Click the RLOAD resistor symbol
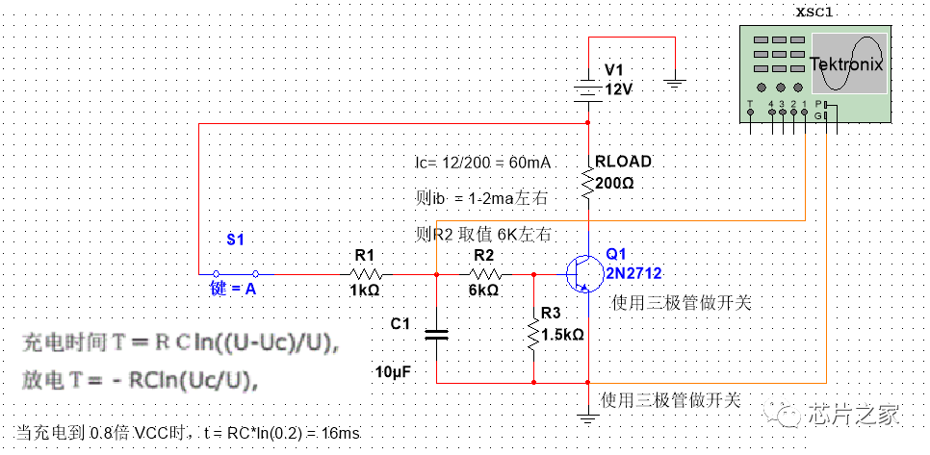point(588,180)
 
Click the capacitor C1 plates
point(437,334)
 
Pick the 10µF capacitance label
point(395,370)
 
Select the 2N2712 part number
point(633,273)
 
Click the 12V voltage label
point(619,88)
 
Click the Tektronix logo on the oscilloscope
point(845,64)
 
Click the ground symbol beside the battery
point(676,84)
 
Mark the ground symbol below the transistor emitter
point(588,417)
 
